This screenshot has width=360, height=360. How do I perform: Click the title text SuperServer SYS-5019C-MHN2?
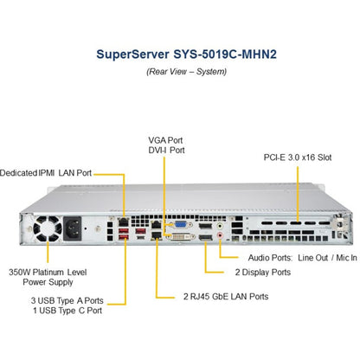point(186,55)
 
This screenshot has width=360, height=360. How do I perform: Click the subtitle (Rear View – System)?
point(186,72)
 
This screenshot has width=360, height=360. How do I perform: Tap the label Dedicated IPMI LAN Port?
point(46,173)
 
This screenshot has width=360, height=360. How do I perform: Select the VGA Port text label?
point(165,140)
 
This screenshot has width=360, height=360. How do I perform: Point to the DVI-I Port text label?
point(166,151)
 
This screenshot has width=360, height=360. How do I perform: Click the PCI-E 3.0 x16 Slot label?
point(298,157)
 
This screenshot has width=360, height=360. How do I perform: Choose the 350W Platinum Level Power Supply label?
point(48,277)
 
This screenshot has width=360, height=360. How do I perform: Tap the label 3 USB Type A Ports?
point(67,300)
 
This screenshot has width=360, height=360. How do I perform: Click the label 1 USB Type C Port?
point(67,311)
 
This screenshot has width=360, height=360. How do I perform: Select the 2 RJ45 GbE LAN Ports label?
point(226,297)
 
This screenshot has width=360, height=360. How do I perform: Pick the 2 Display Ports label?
point(263,273)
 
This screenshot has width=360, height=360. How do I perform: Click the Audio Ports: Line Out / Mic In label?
point(303,258)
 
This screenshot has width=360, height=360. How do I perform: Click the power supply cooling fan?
point(48,228)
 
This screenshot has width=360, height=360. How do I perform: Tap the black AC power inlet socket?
point(73,228)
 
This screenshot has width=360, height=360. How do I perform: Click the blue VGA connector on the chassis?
point(180,224)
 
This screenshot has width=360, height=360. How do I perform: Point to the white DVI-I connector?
point(181,237)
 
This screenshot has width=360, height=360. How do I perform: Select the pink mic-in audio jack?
point(220,235)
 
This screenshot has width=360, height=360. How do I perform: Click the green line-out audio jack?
point(220,226)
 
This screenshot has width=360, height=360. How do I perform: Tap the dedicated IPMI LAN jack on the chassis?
point(124,222)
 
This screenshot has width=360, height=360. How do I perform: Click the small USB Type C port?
point(140,237)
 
